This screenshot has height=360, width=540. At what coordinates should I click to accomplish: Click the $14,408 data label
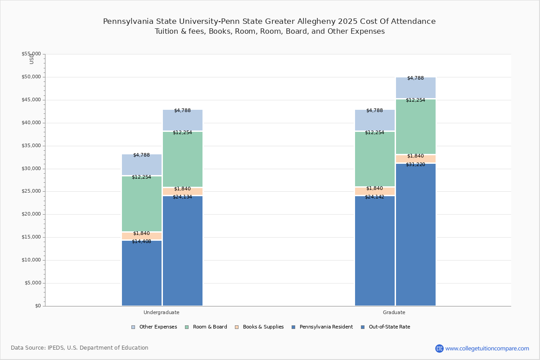pyautogui.click(x=141, y=242)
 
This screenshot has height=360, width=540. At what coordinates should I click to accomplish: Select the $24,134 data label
pyautogui.click(x=182, y=197)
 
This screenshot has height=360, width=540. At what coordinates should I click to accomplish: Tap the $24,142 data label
pyautogui.click(x=374, y=197)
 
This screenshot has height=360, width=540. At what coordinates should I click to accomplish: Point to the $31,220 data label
pyautogui.click(x=415, y=165)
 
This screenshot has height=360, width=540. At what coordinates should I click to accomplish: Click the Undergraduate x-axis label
pyautogui.click(x=161, y=312)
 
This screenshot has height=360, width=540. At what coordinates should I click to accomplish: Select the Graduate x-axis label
pyautogui.click(x=394, y=312)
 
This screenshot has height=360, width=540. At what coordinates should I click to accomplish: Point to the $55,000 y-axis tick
pyautogui.click(x=31, y=54)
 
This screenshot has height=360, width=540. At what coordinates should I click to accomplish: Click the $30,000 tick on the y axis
pyautogui.click(x=31, y=169)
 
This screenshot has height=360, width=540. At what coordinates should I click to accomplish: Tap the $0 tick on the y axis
pyautogui.click(x=37, y=306)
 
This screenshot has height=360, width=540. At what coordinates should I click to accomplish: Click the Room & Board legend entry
pyautogui.click(x=210, y=327)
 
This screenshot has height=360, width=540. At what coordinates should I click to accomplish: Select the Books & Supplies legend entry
pyautogui.click(x=263, y=327)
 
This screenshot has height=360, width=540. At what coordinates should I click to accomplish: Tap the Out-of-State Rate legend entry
pyautogui.click(x=389, y=327)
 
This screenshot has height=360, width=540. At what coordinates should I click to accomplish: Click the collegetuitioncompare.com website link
pyautogui.click(x=487, y=348)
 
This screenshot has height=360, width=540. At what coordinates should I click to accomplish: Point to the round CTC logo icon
pyautogui.click(x=439, y=348)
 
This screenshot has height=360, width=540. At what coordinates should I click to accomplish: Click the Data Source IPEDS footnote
pyautogui.click(x=80, y=348)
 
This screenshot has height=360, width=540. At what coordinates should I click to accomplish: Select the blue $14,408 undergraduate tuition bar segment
pyautogui.click(x=141, y=274)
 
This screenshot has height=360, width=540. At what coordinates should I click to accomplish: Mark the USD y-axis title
pyautogui.click(x=31, y=59)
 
